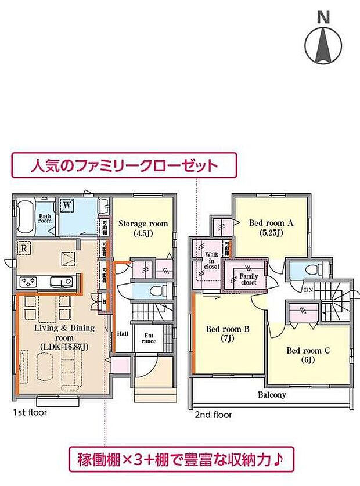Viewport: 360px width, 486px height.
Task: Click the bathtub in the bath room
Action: [x=25, y=217]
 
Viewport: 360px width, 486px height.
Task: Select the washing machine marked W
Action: [x=68, y=206]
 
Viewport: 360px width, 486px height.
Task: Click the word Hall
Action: [x=123, y=334]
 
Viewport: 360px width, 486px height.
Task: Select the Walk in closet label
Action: [x=211, y=262]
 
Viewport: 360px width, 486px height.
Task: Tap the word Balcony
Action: [x=272, y=395]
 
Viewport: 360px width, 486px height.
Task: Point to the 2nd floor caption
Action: [x=213, y=415]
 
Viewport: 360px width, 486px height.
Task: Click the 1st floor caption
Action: [x=30, y=413]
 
